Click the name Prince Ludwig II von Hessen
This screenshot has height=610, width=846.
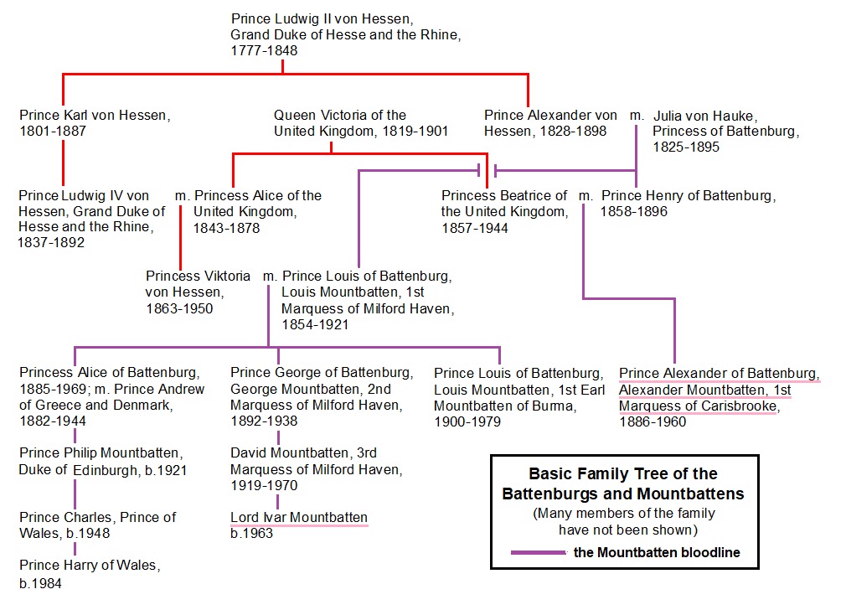click(322, 18)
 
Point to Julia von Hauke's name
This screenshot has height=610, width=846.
click(704, 115)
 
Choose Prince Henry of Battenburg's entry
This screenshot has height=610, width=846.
click(687, 196)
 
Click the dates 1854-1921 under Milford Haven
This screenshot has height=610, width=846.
click(315, 324)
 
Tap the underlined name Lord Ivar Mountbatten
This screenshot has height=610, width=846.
click(299, 517)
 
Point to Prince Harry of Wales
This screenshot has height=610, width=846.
click(88, 566)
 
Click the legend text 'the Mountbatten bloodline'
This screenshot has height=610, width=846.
click(657, 553)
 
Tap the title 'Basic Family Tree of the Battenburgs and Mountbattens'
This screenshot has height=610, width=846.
click(623, 483)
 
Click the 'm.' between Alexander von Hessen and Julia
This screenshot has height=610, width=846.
click(637, 115)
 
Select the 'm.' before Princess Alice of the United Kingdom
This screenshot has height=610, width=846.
click(183, 196)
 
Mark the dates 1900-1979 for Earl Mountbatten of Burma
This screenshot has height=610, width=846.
click(467, 421)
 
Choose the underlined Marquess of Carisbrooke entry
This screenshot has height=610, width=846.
click(719, 390)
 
